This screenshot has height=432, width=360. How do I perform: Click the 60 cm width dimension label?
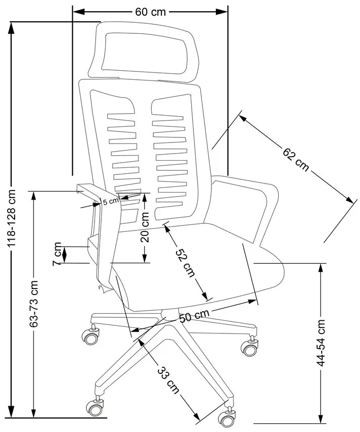point(150,12)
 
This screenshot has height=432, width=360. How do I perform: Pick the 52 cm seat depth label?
point(185,263)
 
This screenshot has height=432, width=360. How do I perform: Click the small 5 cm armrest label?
point(110,201)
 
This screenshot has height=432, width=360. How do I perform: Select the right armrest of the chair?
point(253,202)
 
